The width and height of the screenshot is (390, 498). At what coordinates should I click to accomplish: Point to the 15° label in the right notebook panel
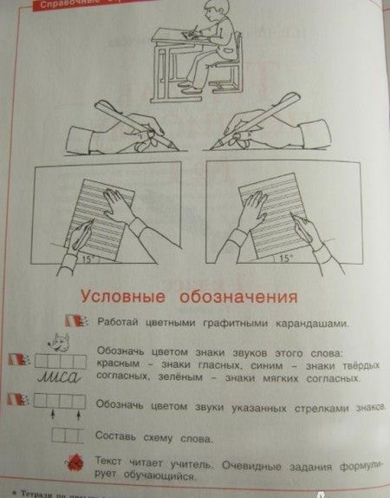pyautogui.click(x=285, y=258)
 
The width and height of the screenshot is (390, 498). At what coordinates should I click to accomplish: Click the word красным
pyautogui.click(x=121, y=367)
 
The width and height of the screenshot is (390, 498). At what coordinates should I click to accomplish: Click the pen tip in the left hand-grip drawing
pyautogui.click(x=176, y=148)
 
